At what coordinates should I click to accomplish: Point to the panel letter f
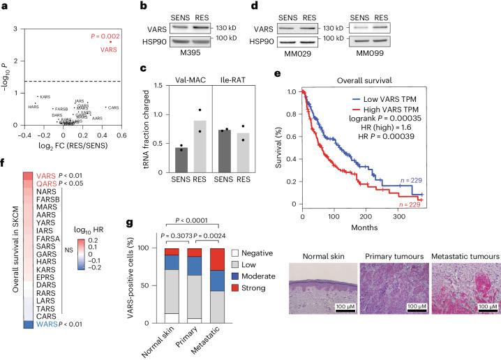(5, 186)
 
